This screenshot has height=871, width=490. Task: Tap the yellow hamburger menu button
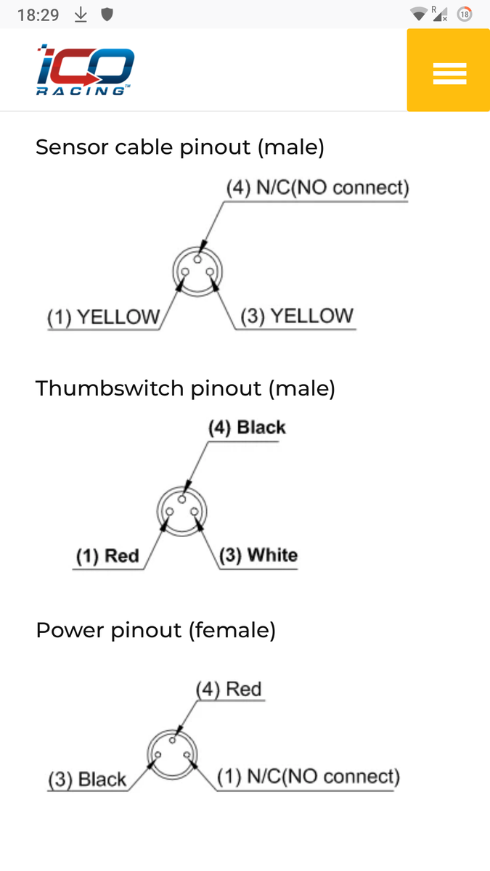449,71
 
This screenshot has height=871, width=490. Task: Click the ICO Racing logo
86,70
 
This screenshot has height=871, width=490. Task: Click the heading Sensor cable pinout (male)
180,147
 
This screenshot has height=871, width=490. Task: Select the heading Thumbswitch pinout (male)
185,388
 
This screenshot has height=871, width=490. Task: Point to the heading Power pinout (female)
155,630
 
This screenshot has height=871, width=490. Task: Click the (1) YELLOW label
103,316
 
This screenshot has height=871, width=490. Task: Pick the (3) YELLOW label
297,316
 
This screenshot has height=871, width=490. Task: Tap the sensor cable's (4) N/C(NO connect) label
317,188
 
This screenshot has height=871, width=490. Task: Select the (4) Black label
247,428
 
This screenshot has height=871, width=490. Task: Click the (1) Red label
107,556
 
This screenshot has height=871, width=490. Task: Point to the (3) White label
258,556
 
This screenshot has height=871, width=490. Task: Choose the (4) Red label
229,689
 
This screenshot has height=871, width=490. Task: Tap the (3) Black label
87,780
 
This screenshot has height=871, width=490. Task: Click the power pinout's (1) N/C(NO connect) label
309,777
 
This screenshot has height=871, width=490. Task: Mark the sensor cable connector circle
197,271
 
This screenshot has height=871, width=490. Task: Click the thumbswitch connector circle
182,510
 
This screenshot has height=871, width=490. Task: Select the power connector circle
172,754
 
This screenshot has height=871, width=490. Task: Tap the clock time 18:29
38,15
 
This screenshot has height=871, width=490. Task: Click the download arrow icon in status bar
81,15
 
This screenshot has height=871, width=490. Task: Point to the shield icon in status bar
107,15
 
